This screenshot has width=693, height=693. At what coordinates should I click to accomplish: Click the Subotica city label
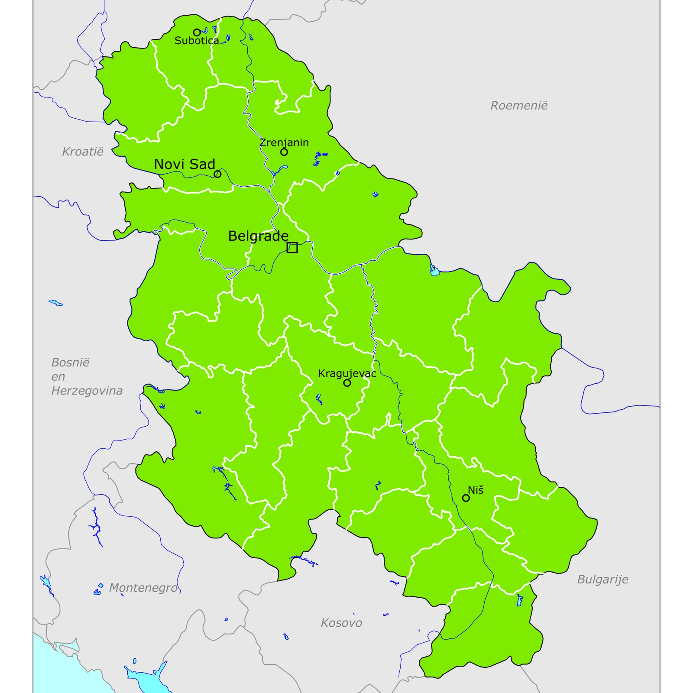[x=197, y=41]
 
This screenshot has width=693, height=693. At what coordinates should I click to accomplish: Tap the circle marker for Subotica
[x=197, y=32]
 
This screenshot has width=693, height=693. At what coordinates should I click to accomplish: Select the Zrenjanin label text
[x=284, y=142]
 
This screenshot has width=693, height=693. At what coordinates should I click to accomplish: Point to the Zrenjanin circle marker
[x=284, y=152]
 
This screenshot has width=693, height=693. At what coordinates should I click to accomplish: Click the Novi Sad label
[x=185, y=164]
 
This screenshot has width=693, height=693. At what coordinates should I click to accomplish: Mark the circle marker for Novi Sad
[x=217, y=174]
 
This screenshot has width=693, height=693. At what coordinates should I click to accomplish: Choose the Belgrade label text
[x=258, y=236]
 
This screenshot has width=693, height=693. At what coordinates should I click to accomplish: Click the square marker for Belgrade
[x=292, y=248]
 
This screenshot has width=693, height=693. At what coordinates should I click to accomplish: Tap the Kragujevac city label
[x=347, y=373]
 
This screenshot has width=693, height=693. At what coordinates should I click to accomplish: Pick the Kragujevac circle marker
[x=347, y=383]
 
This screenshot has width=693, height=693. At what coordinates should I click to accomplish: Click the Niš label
[x=476, y=490]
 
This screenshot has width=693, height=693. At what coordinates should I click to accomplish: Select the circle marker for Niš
[x=466, y=498]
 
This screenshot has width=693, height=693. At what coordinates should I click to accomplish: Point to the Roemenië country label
[x=519, y=106]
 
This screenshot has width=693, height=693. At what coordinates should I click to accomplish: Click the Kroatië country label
[x=83, y=152]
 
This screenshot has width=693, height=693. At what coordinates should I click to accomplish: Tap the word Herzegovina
[x=87, y=391]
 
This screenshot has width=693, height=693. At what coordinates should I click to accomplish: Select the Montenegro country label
[x=143, y=588]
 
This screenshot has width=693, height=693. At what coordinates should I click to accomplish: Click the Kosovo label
[x=341, y=623]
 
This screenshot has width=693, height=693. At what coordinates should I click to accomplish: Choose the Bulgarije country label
[x=602, y=580]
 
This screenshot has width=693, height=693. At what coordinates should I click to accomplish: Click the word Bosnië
[x=70, y=363]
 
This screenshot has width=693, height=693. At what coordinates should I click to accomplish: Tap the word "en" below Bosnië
[x=58, y=377]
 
